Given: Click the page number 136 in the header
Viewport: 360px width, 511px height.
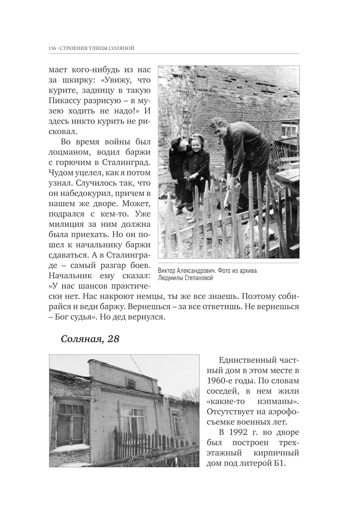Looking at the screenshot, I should (52, 49).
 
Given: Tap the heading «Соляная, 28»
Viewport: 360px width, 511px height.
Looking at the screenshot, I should (90, 339).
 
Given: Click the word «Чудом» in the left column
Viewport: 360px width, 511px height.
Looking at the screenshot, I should (61, 172).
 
